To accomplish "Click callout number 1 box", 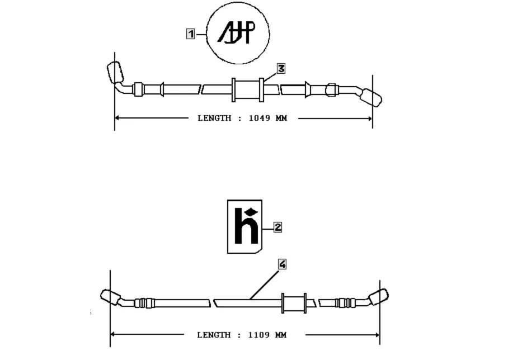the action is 191,34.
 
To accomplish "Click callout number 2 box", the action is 277,227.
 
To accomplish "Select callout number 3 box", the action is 281,68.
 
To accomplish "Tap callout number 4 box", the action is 283,264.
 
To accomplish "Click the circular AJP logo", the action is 238,33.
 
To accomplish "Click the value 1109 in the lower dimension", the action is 258,335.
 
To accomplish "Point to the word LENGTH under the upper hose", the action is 214,119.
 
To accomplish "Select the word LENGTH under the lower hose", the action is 214,335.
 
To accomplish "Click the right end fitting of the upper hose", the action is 372,97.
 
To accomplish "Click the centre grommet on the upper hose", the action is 247,90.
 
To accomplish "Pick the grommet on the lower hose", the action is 294,303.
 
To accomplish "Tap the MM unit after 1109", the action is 280,335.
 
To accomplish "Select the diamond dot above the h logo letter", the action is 251,212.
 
